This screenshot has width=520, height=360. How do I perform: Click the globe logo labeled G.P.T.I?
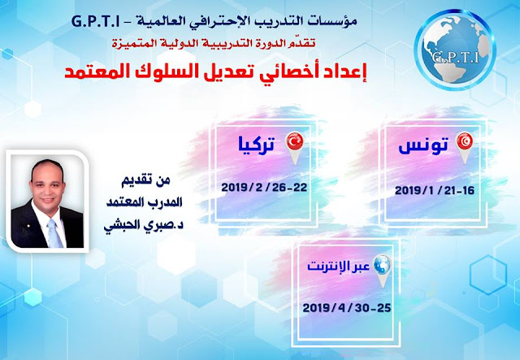coord(455,50)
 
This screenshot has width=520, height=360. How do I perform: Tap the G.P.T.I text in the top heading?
coord(96,22)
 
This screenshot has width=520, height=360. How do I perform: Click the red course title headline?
coord(215,71)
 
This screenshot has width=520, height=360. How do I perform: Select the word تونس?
coord(423,146)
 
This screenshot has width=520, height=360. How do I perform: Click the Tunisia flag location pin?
coord(465,148)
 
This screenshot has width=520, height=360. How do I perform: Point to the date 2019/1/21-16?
coord(435,191)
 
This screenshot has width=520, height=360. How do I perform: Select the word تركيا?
coord(257,145)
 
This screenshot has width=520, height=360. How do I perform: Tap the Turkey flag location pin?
coord(295,148)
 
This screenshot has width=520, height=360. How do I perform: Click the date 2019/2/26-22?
coord(264,188)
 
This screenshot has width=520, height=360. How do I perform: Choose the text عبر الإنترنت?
coord(339,267)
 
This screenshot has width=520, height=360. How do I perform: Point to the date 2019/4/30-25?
coord(347,308)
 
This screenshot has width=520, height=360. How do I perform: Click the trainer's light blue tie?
coord(54,233)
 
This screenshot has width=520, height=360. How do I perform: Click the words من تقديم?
coord(145,181)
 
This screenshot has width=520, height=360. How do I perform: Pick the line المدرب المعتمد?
coord(145,202)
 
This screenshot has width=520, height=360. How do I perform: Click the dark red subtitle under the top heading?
coord(214,43)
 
